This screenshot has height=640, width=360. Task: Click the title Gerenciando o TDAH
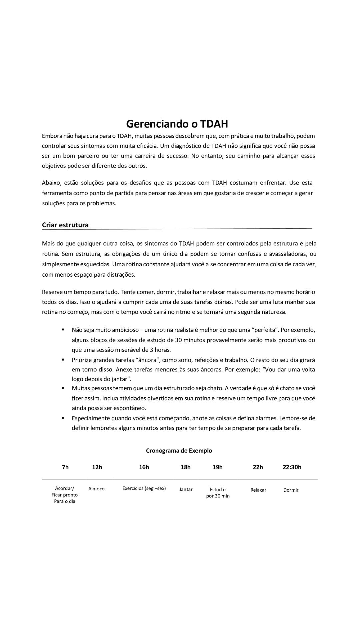click(177, 124)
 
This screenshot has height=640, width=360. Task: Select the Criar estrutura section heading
click(65, 225)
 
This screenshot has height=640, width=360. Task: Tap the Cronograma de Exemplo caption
click(179, 451)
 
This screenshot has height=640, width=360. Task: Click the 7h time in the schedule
click(65, 467)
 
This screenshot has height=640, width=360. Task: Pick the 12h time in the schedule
click(97, 467)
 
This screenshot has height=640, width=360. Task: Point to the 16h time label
click(144, 467)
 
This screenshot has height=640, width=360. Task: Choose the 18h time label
click(186, 467)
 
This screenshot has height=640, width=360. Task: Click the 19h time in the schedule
click(218, 467)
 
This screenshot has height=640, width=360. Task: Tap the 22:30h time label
click(292, 467)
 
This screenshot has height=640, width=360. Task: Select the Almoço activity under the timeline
click(96, 489)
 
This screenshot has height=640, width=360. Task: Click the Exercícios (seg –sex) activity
click(144, 489)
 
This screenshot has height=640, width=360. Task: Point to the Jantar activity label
click(186, 490)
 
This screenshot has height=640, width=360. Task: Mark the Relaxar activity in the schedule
click(258, 490)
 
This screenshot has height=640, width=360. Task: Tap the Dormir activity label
click(291, 490)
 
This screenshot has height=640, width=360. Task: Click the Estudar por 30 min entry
click(218, 493)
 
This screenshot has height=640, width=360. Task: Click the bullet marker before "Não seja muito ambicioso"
click(63, 330)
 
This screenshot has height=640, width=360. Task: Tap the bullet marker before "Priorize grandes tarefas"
click(63, 360)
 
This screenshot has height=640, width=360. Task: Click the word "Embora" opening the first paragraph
click(52, 136)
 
